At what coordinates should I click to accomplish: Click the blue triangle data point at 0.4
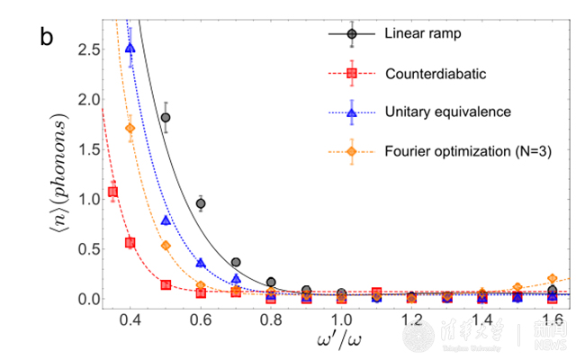[x=130, y=49]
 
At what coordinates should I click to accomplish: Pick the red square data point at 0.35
[x=112, y=192]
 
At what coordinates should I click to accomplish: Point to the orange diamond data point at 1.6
[x=552, y=279]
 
